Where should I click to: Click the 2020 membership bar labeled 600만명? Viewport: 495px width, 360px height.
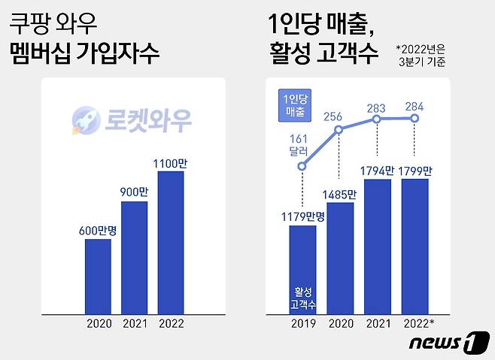[x=98, y=277]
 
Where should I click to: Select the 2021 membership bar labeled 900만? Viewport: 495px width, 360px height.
[x=135, y=258]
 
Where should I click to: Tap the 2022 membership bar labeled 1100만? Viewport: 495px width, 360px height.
[x=171, y=243]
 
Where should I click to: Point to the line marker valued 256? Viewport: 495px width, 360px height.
[x=339, y=130]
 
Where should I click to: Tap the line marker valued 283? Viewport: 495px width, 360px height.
[x=378, y=119]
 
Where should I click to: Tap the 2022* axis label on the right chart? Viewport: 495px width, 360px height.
[x=418, y=324]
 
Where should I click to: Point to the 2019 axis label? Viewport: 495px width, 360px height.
[x=302, y=324]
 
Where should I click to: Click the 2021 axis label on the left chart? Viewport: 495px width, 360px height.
[x=135, y=324]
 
